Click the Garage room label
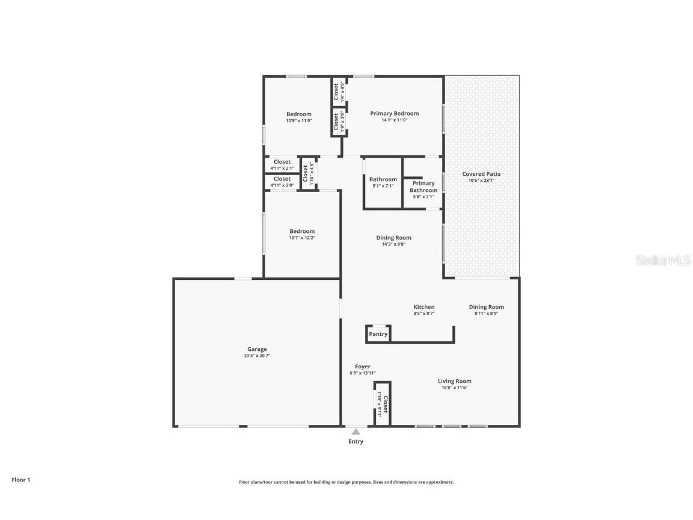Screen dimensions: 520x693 [x=257, y=349]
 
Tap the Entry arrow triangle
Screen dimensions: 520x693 [x=356, y=432]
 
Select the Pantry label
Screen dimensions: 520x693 [x=378, y=334]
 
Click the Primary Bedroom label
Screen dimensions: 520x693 [x=394, y=113]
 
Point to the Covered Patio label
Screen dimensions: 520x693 [x=481, y=174]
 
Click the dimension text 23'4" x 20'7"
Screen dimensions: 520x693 [x=257, y=356]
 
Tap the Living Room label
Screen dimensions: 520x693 [x=454, y=381]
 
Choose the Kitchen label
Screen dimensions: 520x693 [x=423, y=307]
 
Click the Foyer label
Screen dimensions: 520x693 [x=362, y=367]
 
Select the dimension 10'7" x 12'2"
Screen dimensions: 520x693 [x=302, y=238]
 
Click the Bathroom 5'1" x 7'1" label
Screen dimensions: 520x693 [x=383, y=179]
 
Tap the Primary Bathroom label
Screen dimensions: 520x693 [x=423, y=187]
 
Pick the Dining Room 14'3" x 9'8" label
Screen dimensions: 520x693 [x=393, y=238]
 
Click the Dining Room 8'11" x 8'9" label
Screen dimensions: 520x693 [x=486, y=307]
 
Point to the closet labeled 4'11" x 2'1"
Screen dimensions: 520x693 [x=282, y=162]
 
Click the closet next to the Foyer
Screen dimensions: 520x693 [x=383, y=404]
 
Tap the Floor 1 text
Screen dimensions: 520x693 [x=20, y=480]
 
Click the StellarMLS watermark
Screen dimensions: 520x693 [x=664, y=261]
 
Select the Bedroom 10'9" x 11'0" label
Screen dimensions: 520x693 [x=298, y=114]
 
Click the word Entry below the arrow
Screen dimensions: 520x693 [x=356, y=442]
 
